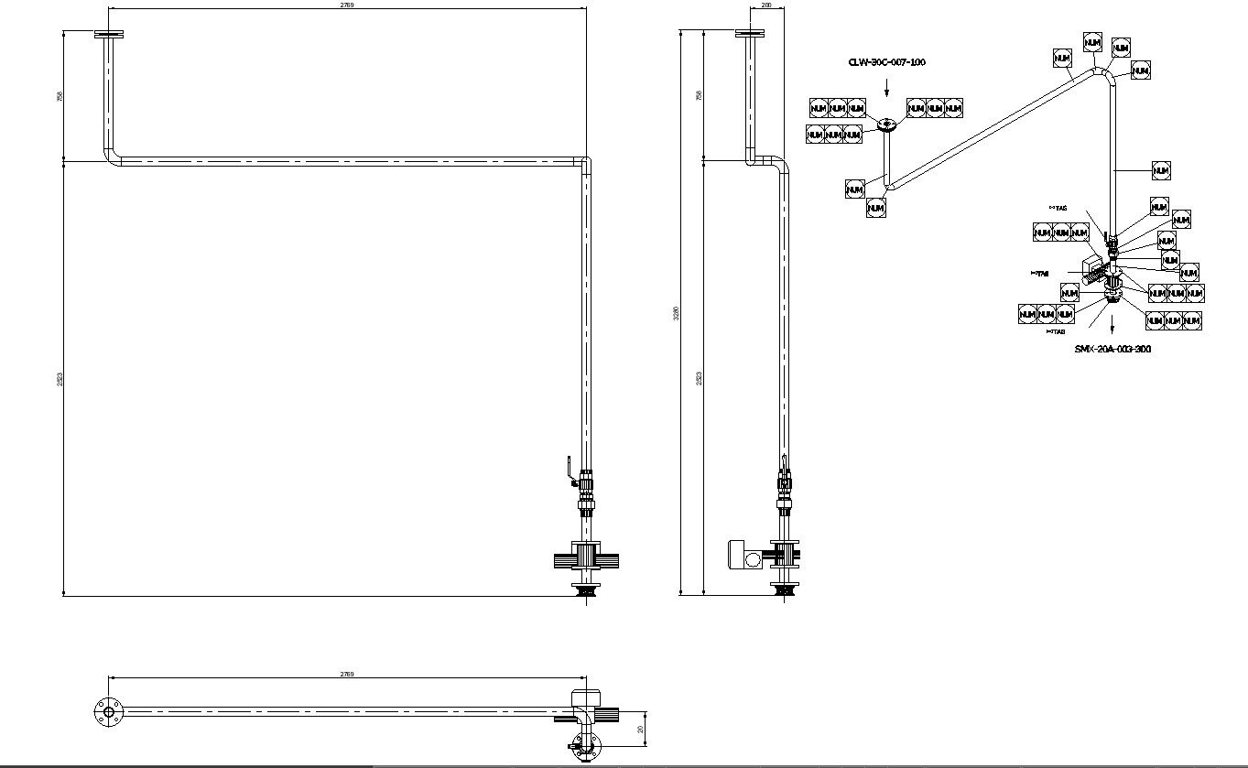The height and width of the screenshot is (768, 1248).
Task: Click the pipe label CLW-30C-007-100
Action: pyautogui.click(x=886, y=62)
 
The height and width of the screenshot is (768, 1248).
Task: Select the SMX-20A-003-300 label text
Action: pyautogui.click(x=1112, y=349)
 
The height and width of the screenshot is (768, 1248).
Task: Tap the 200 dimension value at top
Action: pyautogui.click(x=766, y=5)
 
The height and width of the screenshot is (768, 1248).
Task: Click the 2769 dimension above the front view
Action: pyautogui.click(x=347, y=5)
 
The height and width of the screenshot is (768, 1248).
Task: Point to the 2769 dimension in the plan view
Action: pyautogui.click(x=347, y=674)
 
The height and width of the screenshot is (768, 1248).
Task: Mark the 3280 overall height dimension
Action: pyautogui.click(x=677, y=313)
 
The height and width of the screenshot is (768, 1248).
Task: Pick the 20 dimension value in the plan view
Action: pyautogui.click(x=641, y=730)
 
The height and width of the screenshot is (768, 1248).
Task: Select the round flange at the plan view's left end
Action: pyautogui.click(x=109, y=712)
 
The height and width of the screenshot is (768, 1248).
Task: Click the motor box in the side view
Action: pyautogui.click(x=738, y=555)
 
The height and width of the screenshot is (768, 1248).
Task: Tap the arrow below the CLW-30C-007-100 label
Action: pyautogui.click(x=886, y=89)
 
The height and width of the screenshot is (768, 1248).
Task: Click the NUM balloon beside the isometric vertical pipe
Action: pyautogui.click(x=1161, y=170)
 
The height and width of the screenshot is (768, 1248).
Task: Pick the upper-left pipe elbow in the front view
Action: pyautogui.click(x=113, y=157)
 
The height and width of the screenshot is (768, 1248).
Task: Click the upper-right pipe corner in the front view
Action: pyautogui.click(x=585, y=163)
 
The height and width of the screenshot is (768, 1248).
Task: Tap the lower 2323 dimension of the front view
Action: pyautogui.click(x=60, y=378)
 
